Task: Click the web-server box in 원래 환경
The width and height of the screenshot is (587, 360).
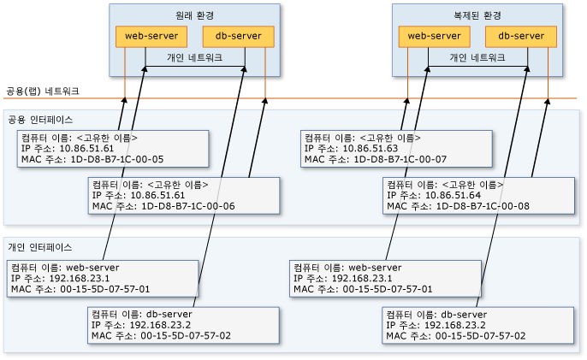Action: [151, 36]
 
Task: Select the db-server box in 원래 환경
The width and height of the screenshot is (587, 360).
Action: [238, 36]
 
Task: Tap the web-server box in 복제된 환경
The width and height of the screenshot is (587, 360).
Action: [434, 36]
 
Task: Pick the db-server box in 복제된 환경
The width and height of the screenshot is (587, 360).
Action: [521, 36]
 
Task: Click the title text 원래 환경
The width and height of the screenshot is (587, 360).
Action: [194, 15]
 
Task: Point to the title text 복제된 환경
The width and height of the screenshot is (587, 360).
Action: [477, 15]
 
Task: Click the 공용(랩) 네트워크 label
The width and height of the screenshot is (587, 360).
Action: [43, 90]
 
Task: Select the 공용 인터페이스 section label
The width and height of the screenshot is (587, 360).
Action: [40, 119]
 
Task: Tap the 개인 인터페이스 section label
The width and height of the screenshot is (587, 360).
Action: [40, 246]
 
